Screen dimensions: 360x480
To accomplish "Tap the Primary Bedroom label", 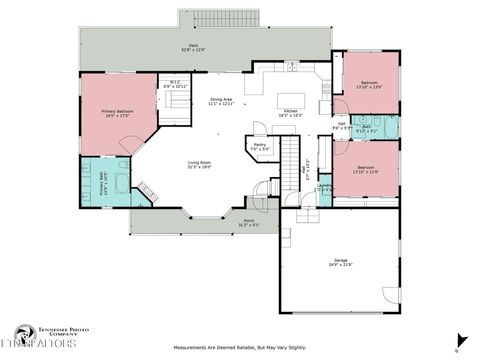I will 116,113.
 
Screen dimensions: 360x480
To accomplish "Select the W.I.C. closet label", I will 175,85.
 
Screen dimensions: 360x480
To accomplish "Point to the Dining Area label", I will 221,101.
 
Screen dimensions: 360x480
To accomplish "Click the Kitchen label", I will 291,113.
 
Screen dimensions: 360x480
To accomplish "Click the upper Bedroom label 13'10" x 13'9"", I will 369,85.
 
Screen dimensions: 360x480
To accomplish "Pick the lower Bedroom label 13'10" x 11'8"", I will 366,170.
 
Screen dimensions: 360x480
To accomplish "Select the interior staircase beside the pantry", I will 291,157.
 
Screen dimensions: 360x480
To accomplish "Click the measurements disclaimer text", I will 239,348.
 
